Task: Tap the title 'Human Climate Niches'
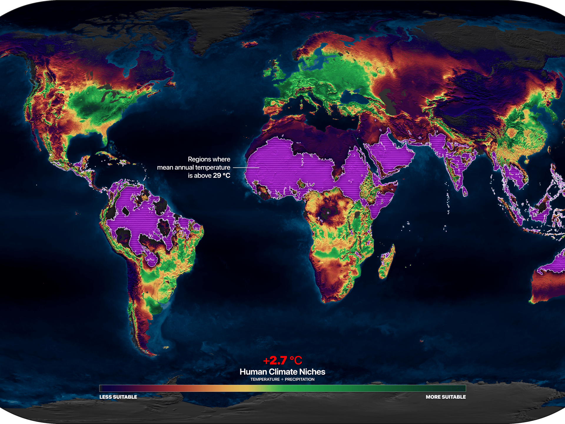282,372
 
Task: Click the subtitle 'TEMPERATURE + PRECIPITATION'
282,380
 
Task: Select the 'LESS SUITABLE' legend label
118,397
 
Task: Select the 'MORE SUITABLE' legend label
446,397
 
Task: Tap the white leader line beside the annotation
246,168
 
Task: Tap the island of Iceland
250,44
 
